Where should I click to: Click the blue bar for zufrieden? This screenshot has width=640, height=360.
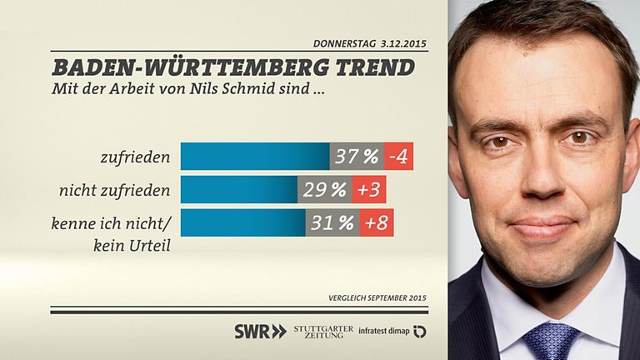coord(255,156)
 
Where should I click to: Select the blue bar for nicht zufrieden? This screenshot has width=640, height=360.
coord(239,190)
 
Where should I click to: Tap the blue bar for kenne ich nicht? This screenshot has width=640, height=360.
coord(242,222)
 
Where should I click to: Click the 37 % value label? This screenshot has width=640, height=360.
coord(357,156)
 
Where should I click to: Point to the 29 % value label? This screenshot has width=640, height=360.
coord(325,190)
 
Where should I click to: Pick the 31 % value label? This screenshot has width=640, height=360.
coord(332,222)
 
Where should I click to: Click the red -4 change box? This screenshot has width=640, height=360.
coord(398,156)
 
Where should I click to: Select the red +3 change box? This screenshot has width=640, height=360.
coord(369,190)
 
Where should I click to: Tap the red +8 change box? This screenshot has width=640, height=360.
coord(377,222)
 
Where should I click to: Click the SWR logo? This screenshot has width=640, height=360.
coord(260,332)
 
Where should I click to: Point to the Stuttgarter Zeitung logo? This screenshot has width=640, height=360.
coord(323,332)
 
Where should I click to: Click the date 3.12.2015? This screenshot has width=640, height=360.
coord(402,43)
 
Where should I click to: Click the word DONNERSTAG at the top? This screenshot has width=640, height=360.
coord(343,43)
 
